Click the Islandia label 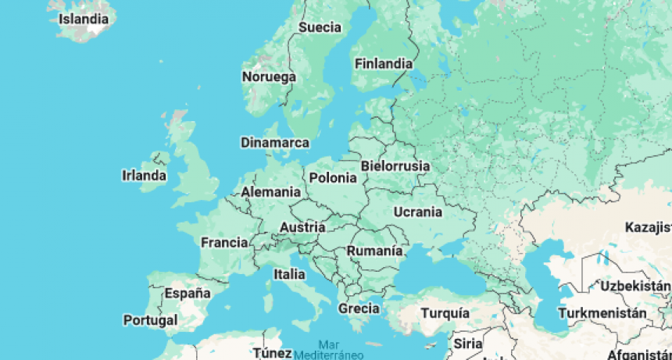(x=84, y=17)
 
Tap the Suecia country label (x=320, y=27)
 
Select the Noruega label (x=269, y=77)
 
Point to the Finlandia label (x=383, y=64)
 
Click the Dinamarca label (x=274, y=143)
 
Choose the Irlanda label (x=145, y=176)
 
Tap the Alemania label (x=271, y=192)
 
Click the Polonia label (x=333, y=178)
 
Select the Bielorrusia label (x=395, y=166)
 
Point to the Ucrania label (x=418, y=212)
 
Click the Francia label (x=224, y=243)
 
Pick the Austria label (x=302, y=227)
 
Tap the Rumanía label (x=375, y=251)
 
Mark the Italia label (x=289, y=274)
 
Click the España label (x=188, y=294)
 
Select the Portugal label (x=150, y=320)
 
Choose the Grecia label (x=359, y=308)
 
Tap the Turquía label (x=445, y=313)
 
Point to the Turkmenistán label (x=607, y=313)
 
